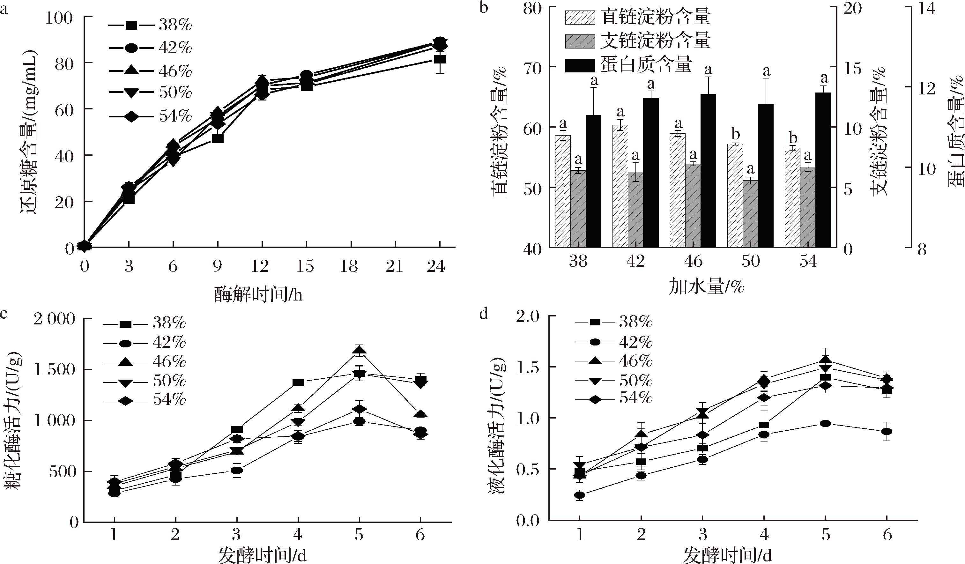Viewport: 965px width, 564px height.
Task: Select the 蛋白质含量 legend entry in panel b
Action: (628, 65)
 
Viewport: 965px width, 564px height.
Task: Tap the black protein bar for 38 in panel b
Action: (594, 180)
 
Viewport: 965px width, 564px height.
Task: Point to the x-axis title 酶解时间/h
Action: (258, 294)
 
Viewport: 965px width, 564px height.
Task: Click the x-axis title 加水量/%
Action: (707, 286)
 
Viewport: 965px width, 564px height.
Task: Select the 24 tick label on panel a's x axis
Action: (436, 266)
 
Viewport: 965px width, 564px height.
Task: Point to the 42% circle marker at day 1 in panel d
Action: (580, 495)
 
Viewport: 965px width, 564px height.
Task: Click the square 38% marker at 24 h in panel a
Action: (440, 59)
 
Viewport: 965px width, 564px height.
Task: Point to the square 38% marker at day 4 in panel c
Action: (298, 382)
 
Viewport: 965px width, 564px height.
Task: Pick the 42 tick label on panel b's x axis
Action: (636, 261)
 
